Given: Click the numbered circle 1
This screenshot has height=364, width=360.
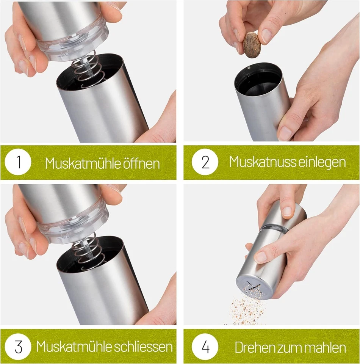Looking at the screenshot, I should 18,163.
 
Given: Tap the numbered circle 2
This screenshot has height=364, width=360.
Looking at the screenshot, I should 205,162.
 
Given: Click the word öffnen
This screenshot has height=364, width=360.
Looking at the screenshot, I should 141,163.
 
